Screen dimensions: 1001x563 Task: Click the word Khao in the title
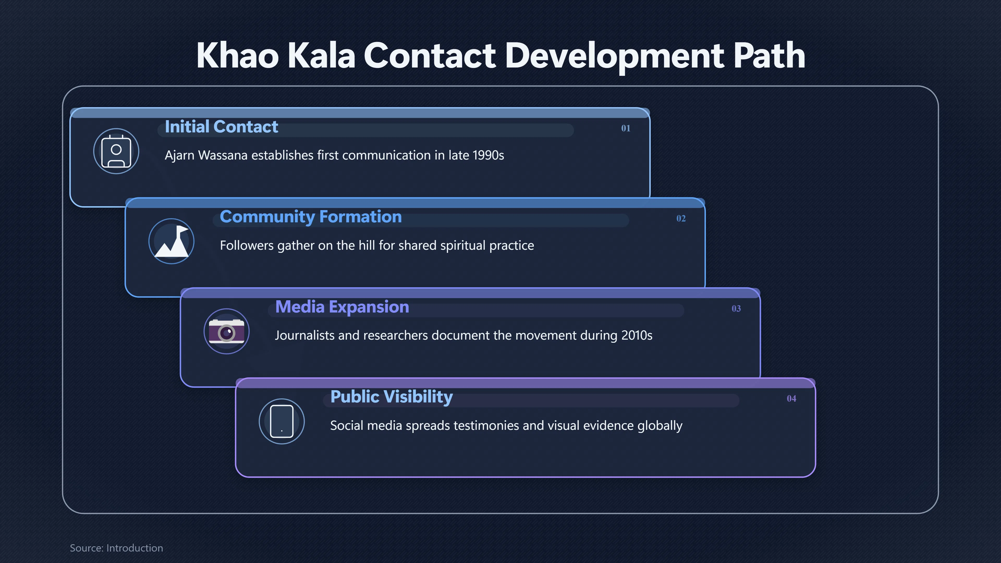(x=237, y=55)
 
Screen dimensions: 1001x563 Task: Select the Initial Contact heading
(x=221, y=127)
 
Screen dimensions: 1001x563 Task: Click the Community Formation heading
(x=310, y=217)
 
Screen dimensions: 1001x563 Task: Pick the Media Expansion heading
(x=342, y=307)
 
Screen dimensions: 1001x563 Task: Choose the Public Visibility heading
(x=391, y=397)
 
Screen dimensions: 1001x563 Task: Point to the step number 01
(x=626, y=128)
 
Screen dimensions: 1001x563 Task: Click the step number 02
(x=681, y=218)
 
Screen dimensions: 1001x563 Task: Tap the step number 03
(x=736, y=309)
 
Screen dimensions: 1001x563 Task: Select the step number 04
(x=791, y=399)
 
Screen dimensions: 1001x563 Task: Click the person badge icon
(x=116, y=151)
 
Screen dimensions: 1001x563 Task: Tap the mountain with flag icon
(x=171, y=241)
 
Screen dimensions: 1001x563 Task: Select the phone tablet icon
(x=282, y=421)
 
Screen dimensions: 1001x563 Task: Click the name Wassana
(x=223, y=155)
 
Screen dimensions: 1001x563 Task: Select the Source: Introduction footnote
(x=116, y=548)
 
